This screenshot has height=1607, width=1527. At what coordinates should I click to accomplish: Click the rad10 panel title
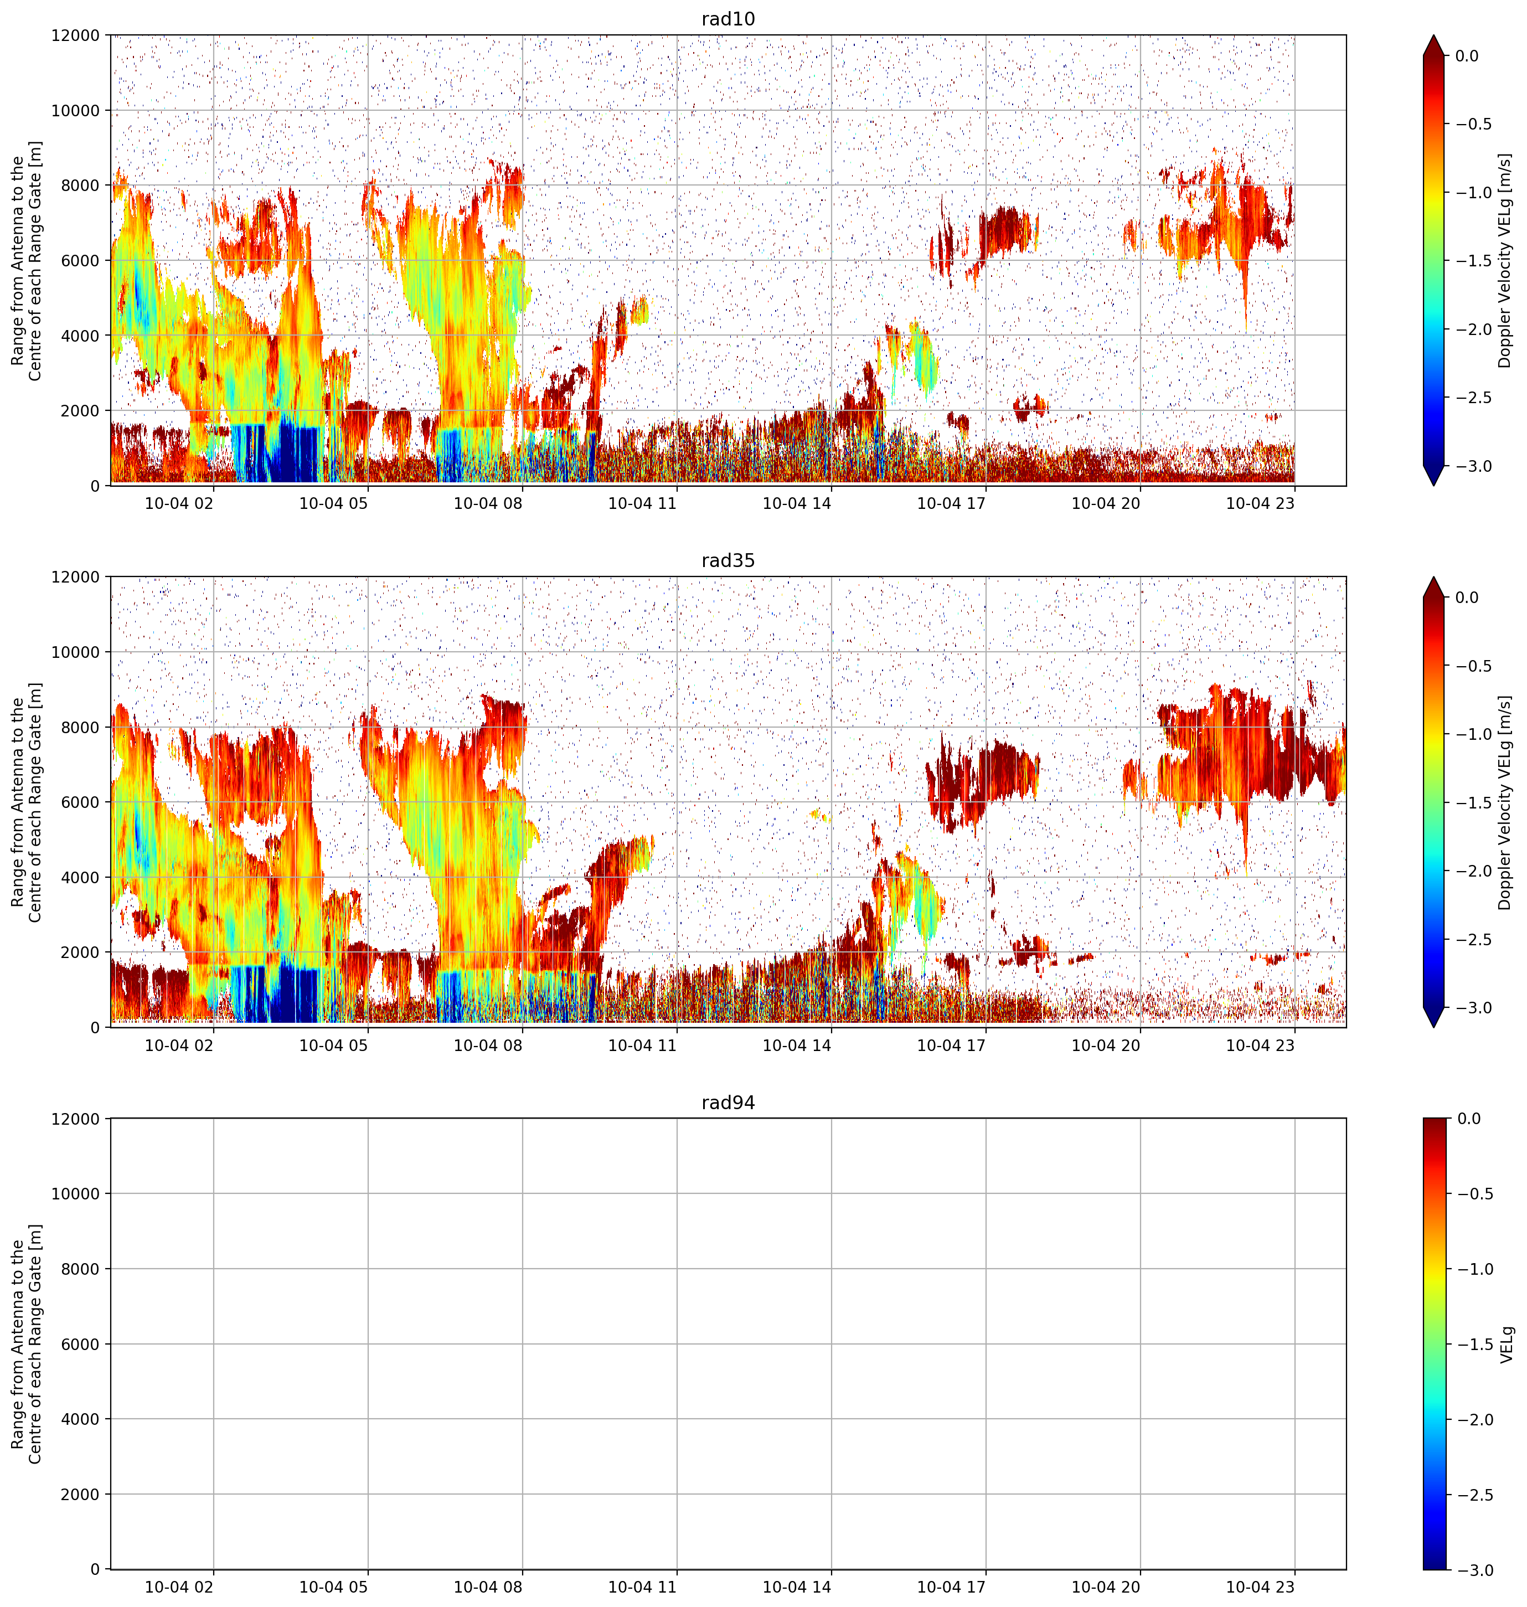(728, 19)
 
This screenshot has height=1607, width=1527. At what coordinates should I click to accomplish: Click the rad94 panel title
(728, 1103)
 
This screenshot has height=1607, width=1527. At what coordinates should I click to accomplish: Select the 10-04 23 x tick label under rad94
(1260, 1587)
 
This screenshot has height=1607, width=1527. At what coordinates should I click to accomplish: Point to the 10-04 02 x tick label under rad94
(179, 1587)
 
